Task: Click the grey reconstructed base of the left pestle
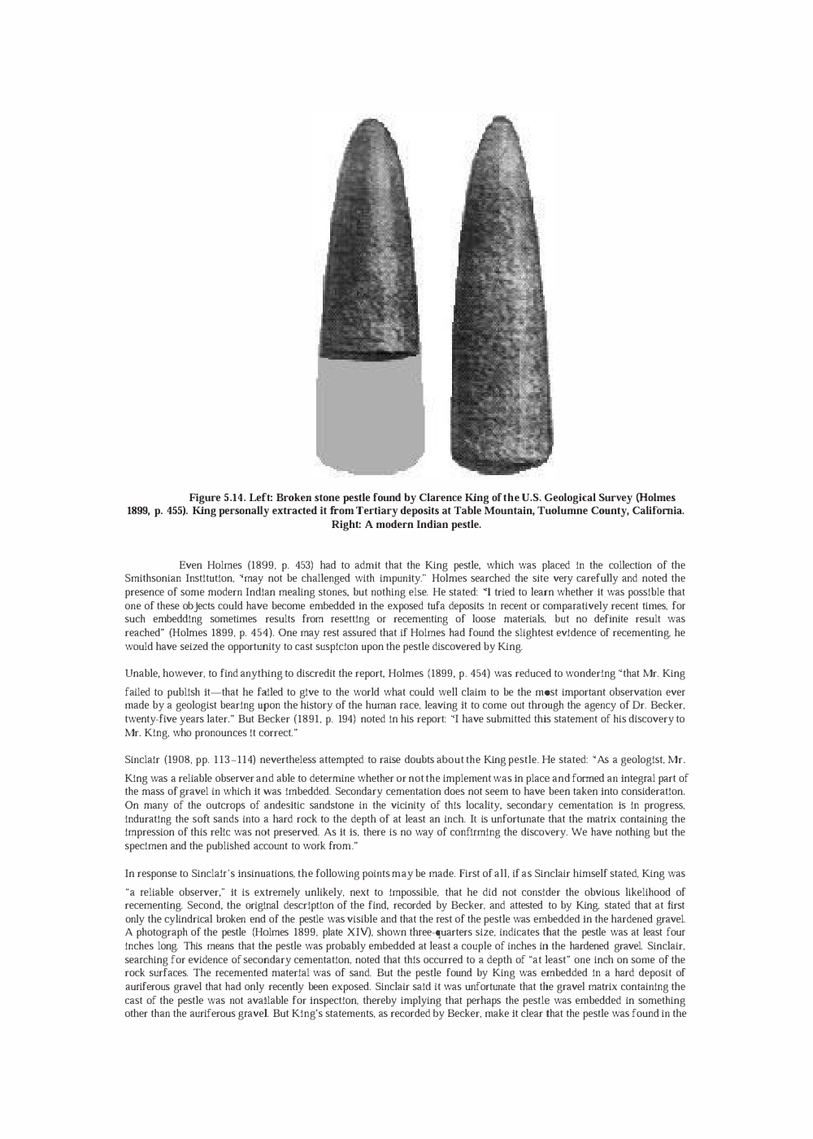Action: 370,415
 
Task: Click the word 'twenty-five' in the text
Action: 150,719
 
